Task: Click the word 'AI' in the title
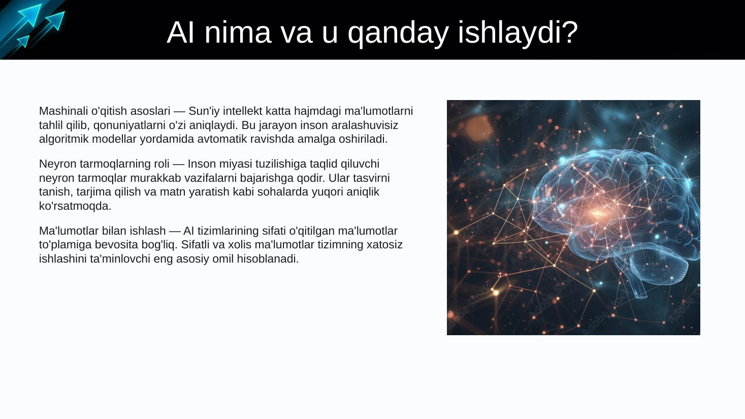[180, 33]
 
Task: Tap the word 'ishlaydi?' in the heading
[518, 33]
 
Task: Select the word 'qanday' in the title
[398, 34]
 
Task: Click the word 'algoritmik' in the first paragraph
[64, 139]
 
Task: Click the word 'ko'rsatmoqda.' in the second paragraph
[75, 206]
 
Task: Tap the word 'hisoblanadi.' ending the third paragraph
[268, 259]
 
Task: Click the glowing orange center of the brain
[597, 213]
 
